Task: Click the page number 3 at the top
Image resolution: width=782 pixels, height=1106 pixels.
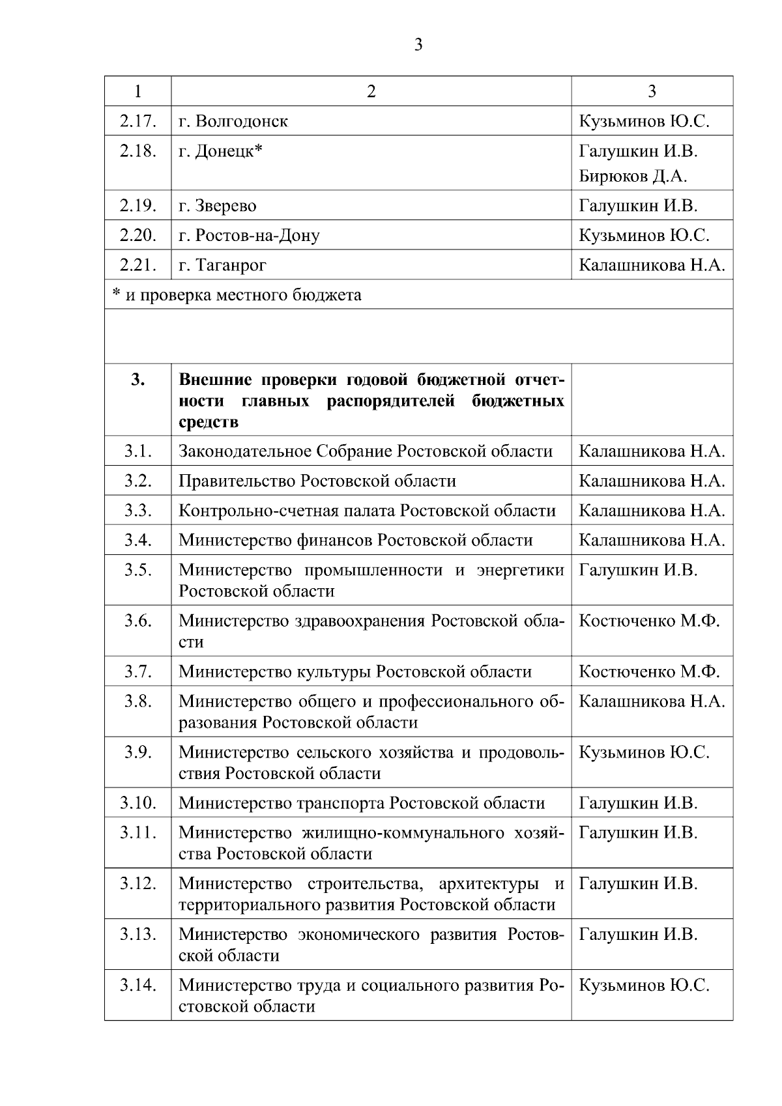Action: pyautogui.click(x=418, y=45)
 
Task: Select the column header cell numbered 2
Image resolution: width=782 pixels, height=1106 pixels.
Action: pyautogui.click(x=371, y=91)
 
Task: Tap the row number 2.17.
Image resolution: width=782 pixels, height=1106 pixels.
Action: pyautogui.click(x=138, y=121)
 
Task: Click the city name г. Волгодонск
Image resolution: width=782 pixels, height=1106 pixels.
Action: pyautogui.click(x=233, y=121)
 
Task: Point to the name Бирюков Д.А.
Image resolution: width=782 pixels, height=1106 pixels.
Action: pyautogui.click(x=633, y=176)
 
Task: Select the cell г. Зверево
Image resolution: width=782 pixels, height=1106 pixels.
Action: pyautogui.click(x=218, y=206)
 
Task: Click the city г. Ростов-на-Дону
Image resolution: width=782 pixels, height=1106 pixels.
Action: pyautogui.click(x=249, y=235)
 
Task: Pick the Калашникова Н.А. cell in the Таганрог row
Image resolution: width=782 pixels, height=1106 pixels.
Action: pyautogui.click(x=652, y=265)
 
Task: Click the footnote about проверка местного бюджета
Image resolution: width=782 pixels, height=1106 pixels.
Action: pyautogui.click(x=237, y=295)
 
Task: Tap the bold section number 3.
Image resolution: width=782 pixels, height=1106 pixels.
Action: pyautogui.click(x=138, y=380)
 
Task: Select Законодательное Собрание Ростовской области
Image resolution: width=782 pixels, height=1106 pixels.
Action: pyautogui.click(x=366, y=451)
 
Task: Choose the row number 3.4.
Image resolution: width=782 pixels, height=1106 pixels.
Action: pyautogui.click(x=138, y=540)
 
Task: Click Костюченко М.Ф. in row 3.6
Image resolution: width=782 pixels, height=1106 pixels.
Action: pyautogui.click(x=649, y=620)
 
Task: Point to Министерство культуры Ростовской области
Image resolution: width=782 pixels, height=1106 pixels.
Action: pyautogui.click(x=355, y=671)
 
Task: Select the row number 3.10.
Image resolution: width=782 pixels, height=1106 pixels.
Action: pyautogui.click(x=138, y=802)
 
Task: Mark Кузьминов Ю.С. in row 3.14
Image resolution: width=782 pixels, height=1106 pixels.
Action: pyautogui.click(x=644, y=984)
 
